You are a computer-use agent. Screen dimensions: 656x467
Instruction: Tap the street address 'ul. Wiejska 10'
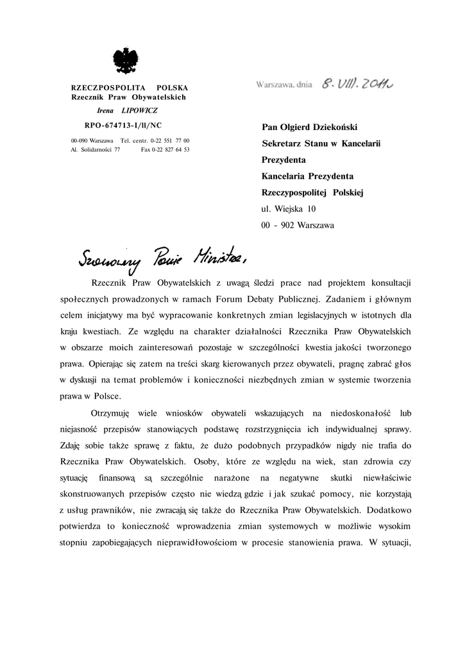(x=289, y=209)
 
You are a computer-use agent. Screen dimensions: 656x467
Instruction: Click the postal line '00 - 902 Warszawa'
(x=298, y=225)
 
